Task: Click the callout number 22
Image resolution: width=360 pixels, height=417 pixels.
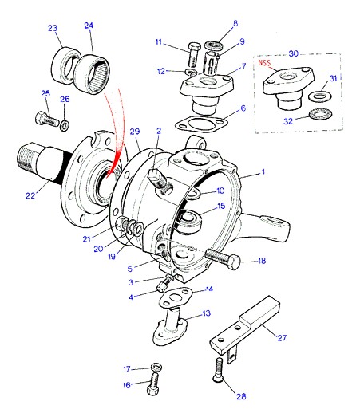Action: [x=30, y=195]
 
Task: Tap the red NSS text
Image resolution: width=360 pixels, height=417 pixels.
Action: [x=264, y=63]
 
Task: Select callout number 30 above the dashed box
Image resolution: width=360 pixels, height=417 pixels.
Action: [x=294, y=53]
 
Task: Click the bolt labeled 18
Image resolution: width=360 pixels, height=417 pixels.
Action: [x=223, y=258]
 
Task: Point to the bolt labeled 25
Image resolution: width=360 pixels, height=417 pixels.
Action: [x=47, y=120]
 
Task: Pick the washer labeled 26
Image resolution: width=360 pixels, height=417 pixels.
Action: [x=64, y=125]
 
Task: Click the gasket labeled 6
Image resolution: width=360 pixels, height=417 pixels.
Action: [x=201, y=124]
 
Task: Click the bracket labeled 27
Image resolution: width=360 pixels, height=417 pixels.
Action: [x=245, y=326]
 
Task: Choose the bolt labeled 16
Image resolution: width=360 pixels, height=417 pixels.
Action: [x=153, y=384]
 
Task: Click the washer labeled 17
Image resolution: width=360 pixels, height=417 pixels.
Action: [x=156, y=367]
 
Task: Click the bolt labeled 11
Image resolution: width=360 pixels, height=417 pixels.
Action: [x=194, y=55]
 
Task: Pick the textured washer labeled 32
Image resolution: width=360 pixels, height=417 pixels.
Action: [x=320, y=115]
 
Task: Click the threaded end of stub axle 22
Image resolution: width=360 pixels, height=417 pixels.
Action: [x=26, y=159]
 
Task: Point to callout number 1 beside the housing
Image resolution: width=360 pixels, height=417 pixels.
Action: [x=263, y=171]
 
